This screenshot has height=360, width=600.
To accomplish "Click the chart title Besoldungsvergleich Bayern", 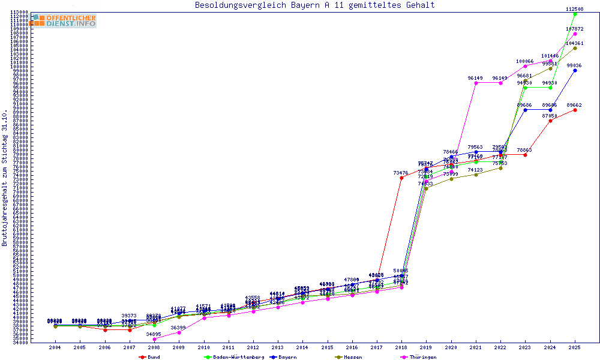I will tap(315, 5).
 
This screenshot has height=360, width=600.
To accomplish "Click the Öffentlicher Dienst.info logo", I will tap(63, 21).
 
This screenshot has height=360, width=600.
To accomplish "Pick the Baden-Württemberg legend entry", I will tap(235, 357).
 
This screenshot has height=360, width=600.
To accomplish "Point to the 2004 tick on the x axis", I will tap(55, 347).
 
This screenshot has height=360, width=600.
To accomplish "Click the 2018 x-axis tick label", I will tap(401, 347).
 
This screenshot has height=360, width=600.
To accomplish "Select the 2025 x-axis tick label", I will tap(575, 347).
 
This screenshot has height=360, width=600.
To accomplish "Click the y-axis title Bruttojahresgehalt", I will tap(5, 178).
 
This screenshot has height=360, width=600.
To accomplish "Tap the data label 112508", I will tap(575, 9).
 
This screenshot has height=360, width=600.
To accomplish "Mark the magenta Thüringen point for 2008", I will tap(154, 339).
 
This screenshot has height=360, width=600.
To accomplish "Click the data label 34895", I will tap(154, 334).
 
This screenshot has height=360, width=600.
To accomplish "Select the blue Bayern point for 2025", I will tap(575, 70).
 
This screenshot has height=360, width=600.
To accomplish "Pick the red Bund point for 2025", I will tap(575, 110).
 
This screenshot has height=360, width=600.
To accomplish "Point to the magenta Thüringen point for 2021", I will tap(476, 83).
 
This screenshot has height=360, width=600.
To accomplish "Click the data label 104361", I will tap(575, 43).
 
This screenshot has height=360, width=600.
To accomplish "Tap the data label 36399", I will tap(179, 328).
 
